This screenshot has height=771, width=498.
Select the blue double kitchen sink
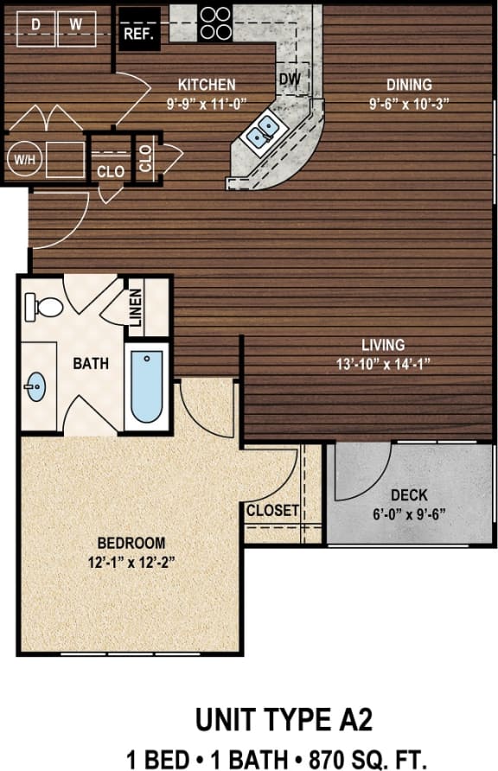pyautogui.click(x=263, y=132)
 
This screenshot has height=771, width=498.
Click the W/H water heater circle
pyautogui.click(x=21, y=159)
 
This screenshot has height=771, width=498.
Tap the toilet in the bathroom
pyautogui.click(x=45, y=306)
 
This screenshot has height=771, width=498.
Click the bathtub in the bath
pyautogui.click(x=147, y=386)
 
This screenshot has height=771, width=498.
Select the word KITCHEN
pyautogui.click(x=207, y=85)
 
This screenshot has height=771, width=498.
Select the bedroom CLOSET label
pyautogui.click(x=272, y=511)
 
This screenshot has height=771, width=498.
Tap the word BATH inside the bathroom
pyautogui.click(x=90, y=364)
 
